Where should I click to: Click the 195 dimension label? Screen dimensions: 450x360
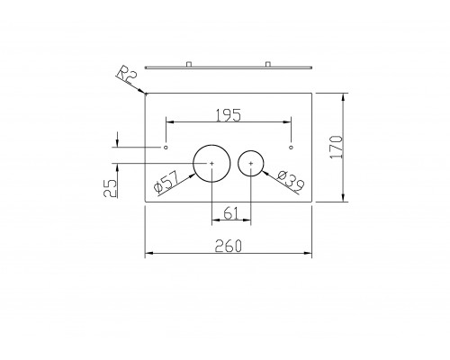coord(229,115)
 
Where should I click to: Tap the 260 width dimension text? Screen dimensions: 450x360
coord(229,247)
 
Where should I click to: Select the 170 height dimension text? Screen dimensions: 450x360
coord(336,147)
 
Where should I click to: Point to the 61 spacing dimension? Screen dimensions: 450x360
coord(231,213)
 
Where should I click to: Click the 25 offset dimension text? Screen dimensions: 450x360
coord(111,188)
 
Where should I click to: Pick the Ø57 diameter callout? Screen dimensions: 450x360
coord(166,183)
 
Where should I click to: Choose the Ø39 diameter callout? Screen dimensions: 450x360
coord(291,182)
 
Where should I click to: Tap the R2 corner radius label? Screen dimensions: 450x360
coord(127,75)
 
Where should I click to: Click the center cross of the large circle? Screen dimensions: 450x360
coord(211,163)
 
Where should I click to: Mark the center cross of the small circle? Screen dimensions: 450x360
coord(251,163)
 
